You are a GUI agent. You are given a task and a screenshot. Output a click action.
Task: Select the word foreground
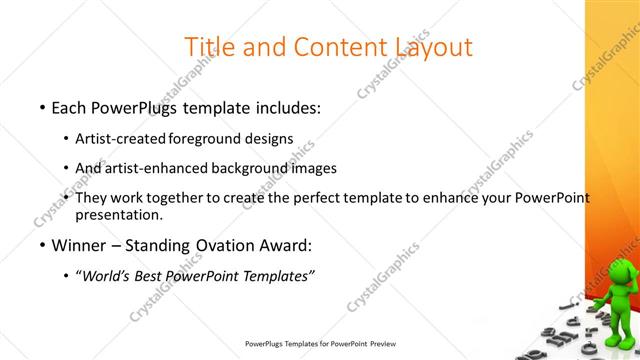(x=206, y=138)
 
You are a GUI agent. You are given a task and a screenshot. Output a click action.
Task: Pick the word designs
(x=269, y=138)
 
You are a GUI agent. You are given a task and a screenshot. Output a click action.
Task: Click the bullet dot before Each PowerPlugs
(x=42, y=106)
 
